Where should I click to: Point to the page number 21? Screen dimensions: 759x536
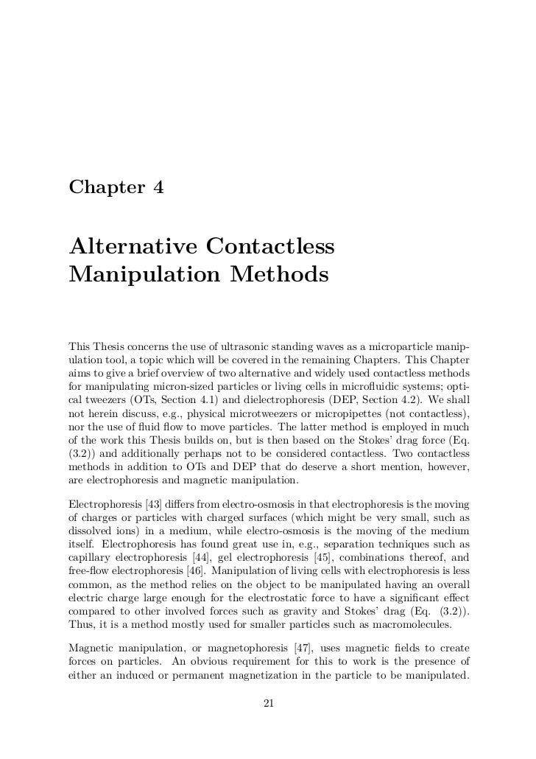pyautogui.click(x=268, y=704)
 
